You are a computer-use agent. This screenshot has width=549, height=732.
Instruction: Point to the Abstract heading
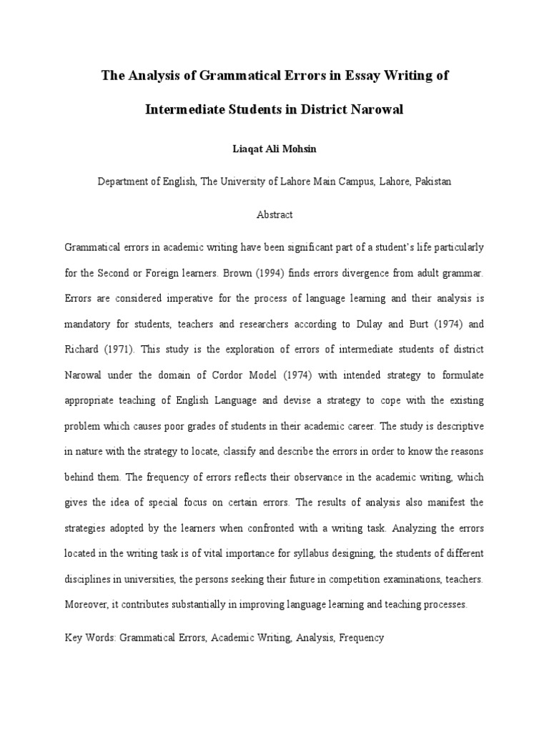[x=274, y=214]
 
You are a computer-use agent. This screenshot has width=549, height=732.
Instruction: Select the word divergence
[x=339, y=273]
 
